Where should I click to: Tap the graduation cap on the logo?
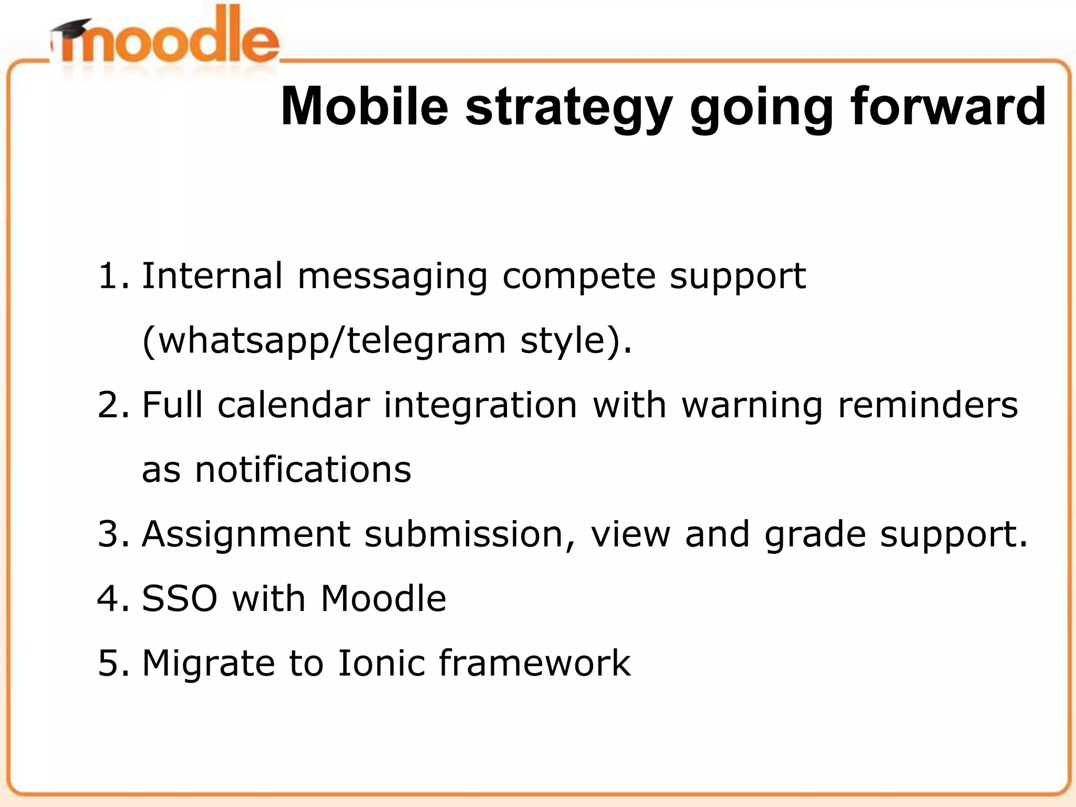pyautogui.click(x=71, y=29)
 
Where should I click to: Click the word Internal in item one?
pyautogui.click(x=212, y=276)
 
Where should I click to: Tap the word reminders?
pyautogui.click(x=928, y=405)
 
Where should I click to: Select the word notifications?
pyautogui.click(x=303, y=470)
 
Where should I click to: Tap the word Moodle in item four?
pyautogui.click(x=383, y=599)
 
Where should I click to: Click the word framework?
pyautogui.click(x=534, y=663)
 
